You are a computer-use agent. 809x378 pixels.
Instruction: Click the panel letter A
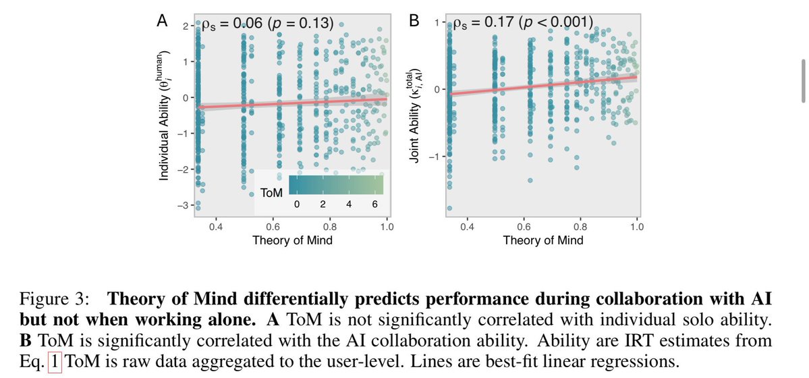pos(162,22)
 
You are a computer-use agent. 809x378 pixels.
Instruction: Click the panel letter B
pos(416,22)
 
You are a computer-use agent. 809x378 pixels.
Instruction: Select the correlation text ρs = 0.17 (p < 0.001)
pos(524,22)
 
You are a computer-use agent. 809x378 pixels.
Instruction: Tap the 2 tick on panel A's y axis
pos(186,26)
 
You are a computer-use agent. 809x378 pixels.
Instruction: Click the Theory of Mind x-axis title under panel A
pos(292,240)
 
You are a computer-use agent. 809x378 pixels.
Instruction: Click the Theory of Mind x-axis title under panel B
pos(543,240)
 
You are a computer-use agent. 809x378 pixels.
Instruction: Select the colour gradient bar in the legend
pos(335,185)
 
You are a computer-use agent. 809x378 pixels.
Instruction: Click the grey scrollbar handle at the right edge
pos(802,80)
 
